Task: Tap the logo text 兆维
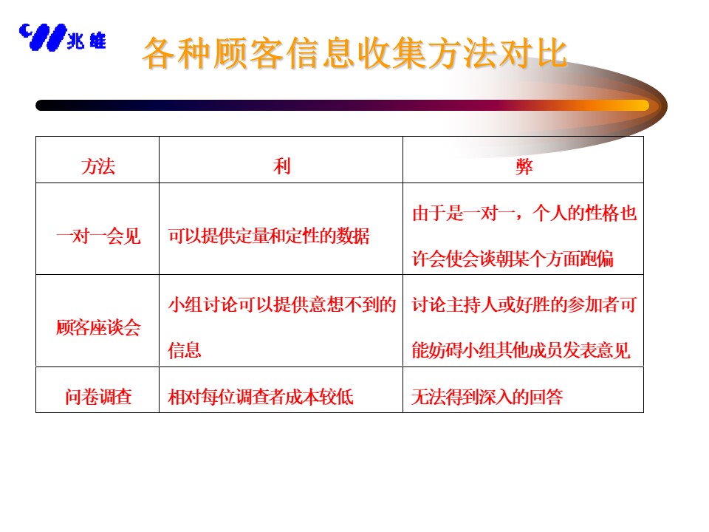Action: (86, 41)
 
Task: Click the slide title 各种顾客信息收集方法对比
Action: (354, 53)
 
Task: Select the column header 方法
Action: (98, 166)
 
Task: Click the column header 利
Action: (281, 166)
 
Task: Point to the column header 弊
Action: (524, 166)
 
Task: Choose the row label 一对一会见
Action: (98, 236)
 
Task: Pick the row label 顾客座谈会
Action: (98, 327)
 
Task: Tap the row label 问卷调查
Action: (98, 397)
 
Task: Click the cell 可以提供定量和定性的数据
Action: (269, 236)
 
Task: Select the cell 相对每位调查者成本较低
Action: (261, 397)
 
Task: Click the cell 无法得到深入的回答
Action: (487, 397)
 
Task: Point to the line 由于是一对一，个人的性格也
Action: (524, 213)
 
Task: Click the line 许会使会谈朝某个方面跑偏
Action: (513, 259)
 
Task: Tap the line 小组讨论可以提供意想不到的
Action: (281, 304)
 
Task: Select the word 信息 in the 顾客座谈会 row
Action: (185, 350)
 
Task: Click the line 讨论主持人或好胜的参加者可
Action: (524, 304)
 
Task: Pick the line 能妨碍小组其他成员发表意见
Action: (521, 350)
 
